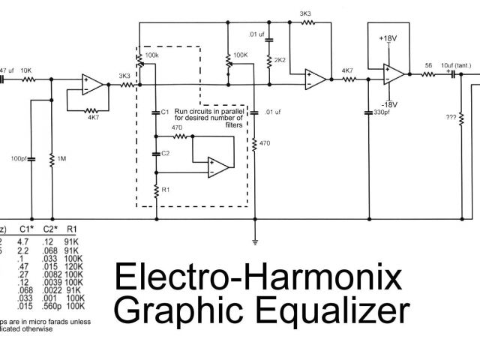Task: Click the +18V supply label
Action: coord(388,37)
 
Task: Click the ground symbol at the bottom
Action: coord(256,241)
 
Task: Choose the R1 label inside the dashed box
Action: coord(167,190)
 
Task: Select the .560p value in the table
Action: coord(52,306)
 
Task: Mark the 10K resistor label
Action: coord(26,70)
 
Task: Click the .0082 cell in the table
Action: coord(51,275)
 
